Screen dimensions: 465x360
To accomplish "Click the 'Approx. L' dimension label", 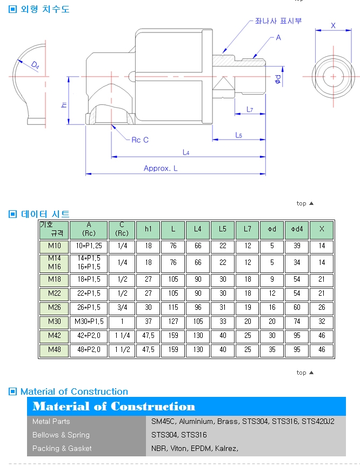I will point(161,169).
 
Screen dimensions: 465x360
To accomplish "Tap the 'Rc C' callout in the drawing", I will point(140,140).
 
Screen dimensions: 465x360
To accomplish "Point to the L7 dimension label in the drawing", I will point(250,110).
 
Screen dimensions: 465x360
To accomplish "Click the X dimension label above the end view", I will point(333,25).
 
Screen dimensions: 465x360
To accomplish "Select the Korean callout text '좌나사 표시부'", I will point(279,21).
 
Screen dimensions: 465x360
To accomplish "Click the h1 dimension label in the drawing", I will point(64,104).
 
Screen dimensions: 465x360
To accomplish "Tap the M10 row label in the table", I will point(54,247).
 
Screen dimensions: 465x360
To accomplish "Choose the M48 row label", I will point(54,350).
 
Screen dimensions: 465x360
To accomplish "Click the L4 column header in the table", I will point(198,229).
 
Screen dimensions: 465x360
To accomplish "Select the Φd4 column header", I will point(297,229).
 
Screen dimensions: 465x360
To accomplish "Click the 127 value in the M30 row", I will point(173,322).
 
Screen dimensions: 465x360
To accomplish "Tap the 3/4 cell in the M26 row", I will point(122,308).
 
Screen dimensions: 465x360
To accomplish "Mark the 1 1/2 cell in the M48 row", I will point(122,350).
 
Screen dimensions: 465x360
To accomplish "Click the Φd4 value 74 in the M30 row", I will point(297,322).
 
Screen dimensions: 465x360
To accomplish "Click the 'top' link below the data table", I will point(302,373).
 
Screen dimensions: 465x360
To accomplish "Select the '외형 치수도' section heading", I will point(45,9).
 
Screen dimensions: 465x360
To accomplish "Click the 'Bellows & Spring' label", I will point(61,435).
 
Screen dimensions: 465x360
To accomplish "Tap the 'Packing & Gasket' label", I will point(62,448).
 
